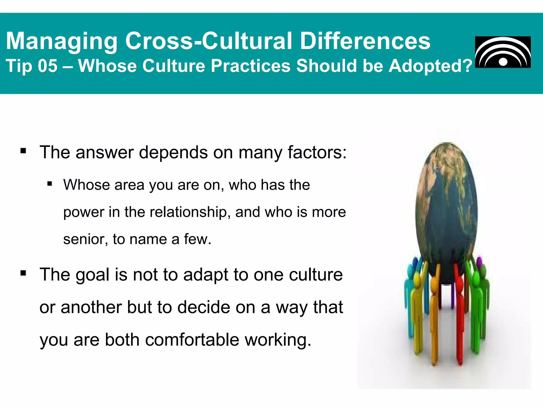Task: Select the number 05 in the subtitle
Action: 47,66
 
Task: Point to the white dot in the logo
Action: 503,62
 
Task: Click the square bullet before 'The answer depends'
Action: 23,151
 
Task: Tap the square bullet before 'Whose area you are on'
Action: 50,184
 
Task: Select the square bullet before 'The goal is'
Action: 23,273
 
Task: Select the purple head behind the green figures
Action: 479,262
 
